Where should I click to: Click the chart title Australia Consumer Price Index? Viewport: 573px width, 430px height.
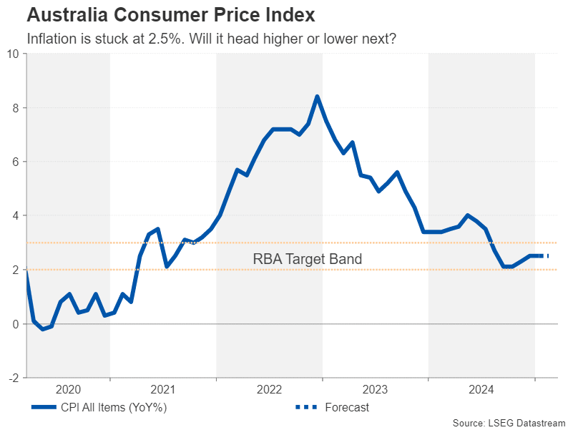click(x=160, y=14)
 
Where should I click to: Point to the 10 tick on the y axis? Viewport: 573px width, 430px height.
click(x=13, y=54)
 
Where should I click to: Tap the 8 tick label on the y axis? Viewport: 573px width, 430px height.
click(x=16, y=108)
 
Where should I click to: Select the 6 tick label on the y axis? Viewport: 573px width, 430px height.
click(x=16, y=162)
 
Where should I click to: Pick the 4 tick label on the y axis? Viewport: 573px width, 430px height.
click(x=16, y=215)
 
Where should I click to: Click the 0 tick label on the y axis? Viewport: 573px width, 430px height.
click(x=16, y=323)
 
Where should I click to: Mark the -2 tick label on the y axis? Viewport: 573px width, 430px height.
click(x=14, y=377)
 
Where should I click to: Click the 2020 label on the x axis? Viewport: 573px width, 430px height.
click(x=68, y=389)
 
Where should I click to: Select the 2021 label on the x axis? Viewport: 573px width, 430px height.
click(x=163, y=389)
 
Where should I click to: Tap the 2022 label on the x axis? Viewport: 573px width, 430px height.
click(x=270, y=389)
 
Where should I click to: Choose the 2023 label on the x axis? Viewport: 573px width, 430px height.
click(x=376, y=389)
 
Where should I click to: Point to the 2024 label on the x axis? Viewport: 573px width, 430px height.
click(x=481, y=389)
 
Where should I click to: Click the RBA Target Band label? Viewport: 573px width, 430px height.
click(x=308, y=259)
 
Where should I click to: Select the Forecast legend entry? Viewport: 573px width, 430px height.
click(x=346, y=408)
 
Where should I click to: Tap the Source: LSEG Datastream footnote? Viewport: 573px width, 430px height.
click(x=509, y=423)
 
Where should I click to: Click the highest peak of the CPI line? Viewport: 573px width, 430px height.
click(x=317, y=97)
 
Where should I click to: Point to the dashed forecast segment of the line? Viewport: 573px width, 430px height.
click(x=543, y=256)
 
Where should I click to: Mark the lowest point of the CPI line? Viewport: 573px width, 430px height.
click(x=42, y=329)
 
